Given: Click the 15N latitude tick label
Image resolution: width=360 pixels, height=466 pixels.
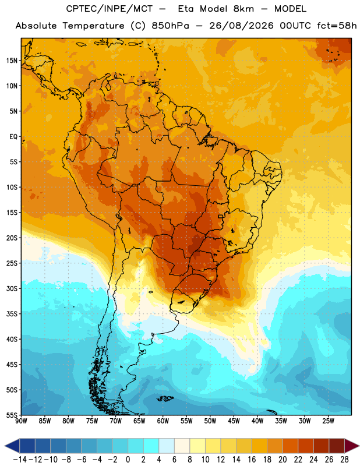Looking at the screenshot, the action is tap(12, 61).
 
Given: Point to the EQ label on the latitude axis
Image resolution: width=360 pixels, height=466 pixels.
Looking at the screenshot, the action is tap(13, 137).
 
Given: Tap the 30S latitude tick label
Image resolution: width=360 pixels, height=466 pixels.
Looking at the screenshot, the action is tap(12, 288).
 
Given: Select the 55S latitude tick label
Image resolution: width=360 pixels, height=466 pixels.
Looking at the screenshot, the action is tap(12, 415).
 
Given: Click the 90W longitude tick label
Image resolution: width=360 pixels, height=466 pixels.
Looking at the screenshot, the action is tap(21, 421).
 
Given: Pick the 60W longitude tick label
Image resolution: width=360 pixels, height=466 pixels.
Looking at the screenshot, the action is tap(163, 421).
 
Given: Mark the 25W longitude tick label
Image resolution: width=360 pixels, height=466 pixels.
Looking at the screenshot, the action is tap(328, 421).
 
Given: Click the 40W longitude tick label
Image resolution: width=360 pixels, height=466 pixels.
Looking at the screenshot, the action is tap(257, 421).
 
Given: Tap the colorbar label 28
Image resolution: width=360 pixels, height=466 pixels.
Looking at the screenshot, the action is tap(344, 460).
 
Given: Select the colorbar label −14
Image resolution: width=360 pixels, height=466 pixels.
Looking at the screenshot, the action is tap(20, 460).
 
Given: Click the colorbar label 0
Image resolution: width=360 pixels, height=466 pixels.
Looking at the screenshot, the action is tap(128, 460).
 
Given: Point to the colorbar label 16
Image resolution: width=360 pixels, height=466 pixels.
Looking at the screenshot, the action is tap(252, 460).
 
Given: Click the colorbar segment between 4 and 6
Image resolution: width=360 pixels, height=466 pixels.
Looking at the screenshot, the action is tap(167, 446).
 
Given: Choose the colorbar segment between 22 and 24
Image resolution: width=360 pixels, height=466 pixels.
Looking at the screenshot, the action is tap(306, 446).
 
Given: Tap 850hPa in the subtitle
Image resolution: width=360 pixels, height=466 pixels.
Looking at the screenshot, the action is tap(170, 26).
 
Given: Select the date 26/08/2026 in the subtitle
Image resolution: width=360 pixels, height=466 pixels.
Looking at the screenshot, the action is tap(241, 26).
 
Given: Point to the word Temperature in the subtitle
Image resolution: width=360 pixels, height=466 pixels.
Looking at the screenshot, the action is tap(93, 26).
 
